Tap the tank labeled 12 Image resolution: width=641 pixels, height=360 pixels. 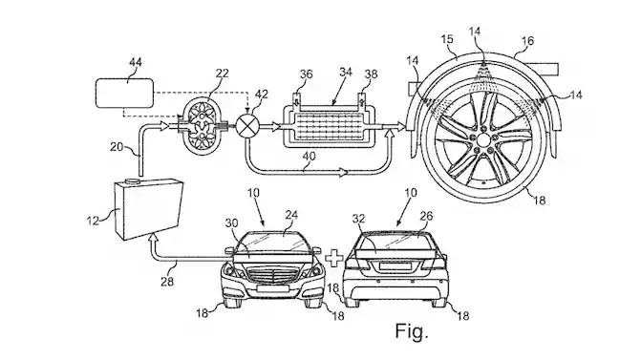148,209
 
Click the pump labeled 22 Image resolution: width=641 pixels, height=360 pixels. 203,127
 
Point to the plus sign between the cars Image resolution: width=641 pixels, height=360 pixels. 334,258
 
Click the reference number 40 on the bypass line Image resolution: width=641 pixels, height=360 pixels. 310,156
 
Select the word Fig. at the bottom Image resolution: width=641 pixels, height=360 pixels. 412,331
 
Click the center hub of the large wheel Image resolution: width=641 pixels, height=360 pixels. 483,140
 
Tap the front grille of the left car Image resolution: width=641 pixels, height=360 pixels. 272,274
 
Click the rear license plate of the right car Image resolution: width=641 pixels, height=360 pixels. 395,266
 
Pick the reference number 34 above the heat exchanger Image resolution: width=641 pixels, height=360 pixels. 346,73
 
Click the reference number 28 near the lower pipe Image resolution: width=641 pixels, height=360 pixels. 167,282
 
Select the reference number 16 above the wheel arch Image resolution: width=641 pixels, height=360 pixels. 527,41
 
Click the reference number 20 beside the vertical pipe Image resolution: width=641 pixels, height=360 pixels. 117,146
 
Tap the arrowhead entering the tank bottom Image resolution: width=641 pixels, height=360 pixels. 153,238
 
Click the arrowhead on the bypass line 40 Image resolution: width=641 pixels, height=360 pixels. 343,172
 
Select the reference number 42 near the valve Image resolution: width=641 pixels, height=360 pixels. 262,95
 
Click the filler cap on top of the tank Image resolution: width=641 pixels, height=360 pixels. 133,181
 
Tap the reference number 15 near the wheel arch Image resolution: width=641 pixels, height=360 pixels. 447,39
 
